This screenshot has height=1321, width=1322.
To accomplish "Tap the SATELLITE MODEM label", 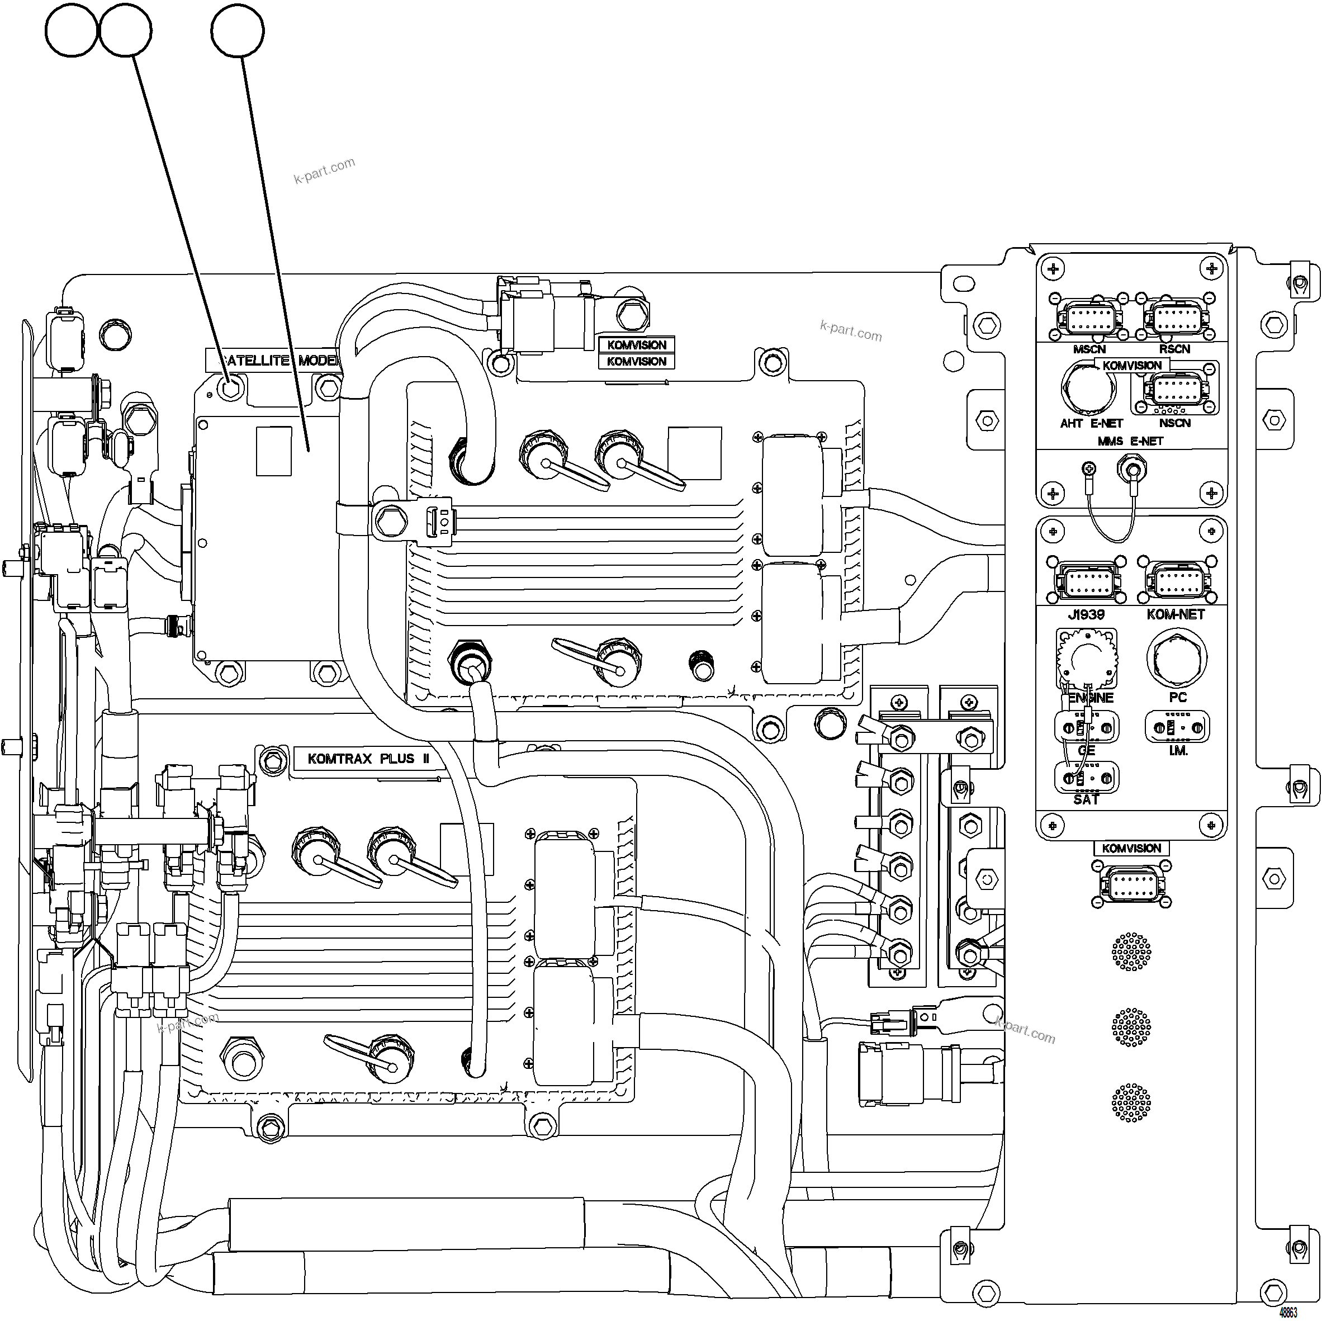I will click(274, 361).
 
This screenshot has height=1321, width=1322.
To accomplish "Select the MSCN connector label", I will click(1089, 349).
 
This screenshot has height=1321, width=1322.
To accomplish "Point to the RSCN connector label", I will click(1174, 349).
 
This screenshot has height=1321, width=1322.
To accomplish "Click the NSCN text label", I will click(1175, 423).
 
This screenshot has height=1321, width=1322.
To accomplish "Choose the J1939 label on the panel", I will click(1086, 614).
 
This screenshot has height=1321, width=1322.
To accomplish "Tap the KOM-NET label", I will click(1176, 614).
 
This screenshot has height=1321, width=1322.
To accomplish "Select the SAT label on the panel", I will click(1086, 799).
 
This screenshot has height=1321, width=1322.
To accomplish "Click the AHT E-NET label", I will click(1091, 424).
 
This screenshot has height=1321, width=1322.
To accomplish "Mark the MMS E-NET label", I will click(1130, 442).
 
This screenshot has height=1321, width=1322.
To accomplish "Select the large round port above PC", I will click(1177, 659).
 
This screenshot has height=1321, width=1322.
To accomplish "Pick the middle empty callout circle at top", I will click(126, 30).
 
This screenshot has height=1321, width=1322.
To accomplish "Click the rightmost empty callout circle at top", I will click(238, 30).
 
